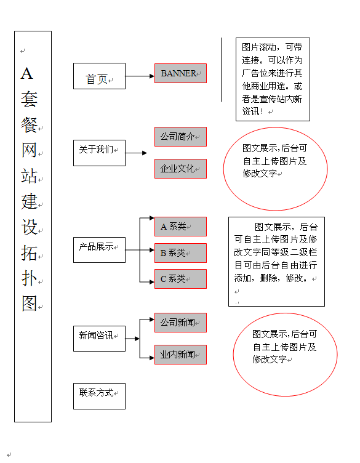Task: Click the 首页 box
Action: [x=99, y=76]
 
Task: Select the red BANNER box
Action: [x=180, y=73]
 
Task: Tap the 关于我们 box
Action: [x=99, y=153]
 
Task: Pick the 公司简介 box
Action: [x=180, y=137]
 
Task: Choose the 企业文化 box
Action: [x=180, y=169]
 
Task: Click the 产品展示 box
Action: [x=99, y=250]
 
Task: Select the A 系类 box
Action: [x=180, y=227]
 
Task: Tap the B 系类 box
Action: [x=180, y=253]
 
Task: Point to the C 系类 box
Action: [x=180, y=279]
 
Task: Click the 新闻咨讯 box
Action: [x=99, y=339]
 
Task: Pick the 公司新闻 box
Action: [x=180, y=323]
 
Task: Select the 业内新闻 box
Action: [x=180, y=355]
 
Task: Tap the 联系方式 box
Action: [x=99, y=397]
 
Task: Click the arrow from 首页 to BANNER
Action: [x=140, y=76]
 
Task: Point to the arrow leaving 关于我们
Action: [x=136, y=153]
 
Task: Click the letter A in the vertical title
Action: [x=27, y=73]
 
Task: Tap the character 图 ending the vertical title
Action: [x=29, y=304]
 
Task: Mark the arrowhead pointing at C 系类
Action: [x=152, y=282]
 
